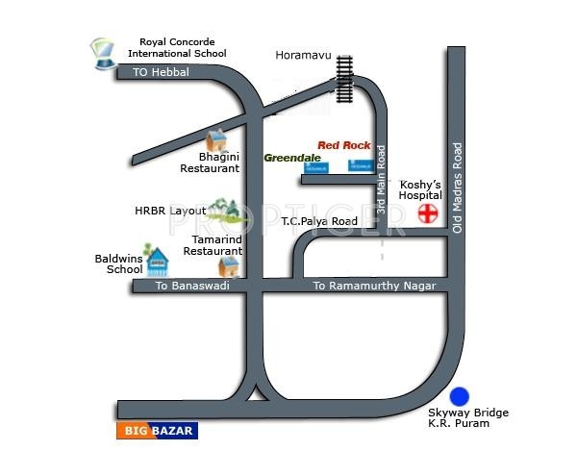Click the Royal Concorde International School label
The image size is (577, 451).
click(183, 48)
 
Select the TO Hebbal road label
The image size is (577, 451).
click(163, 73)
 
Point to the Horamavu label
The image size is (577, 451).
click(303, 56)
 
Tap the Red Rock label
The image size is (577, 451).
click(343, 144)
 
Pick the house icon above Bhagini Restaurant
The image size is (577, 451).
click(218, 139)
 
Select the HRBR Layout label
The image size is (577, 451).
click(170, 210)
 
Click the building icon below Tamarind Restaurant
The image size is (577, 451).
click(229, 265)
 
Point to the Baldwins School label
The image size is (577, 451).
click(118, 263)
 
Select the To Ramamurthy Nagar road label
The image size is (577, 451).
click(375, 287)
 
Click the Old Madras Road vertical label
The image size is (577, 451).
click(458, 188)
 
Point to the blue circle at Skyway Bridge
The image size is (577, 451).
click(460, 395)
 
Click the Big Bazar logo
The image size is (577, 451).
click(157, 430)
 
